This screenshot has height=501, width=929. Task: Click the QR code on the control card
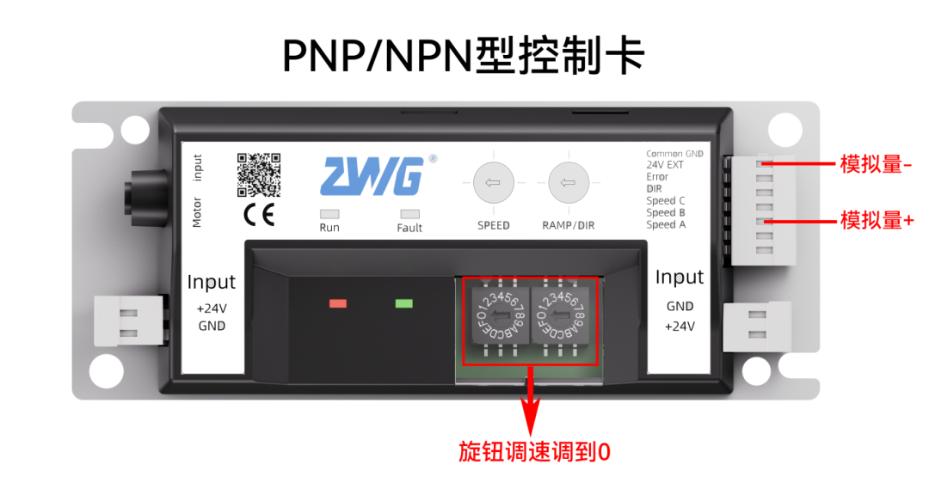pyautogui.click(x=258, y=174)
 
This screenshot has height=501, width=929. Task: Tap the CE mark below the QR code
pyautogui.click(x=258, y=215)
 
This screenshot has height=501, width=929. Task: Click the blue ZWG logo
pyautogui.click(x=372, y=177)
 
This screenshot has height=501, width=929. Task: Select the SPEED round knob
pyautogui.click(x=494, y=182)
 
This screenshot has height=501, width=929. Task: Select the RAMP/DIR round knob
pyautogui.click(x=568, y=182)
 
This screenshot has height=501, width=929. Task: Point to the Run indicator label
pyautogui.click(x=329, y=228)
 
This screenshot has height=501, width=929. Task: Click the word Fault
pyautogui.click(x=409, y=228)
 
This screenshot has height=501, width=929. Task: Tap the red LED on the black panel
pyautogui.click(x=338, y=303)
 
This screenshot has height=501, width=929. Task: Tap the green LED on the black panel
pyautogui.click(x=403, y=303)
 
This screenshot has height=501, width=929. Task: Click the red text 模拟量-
pyautogui.click(x=876, y=163)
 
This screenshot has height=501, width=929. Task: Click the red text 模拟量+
pyautogui.click(x=876, y=221)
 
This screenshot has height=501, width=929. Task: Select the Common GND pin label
pyautogui.click(x=674, y=154)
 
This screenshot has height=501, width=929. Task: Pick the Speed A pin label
pyautogui.click(x=666, y=224)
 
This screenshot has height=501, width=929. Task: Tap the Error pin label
pyautogui.click(x=657, y=177)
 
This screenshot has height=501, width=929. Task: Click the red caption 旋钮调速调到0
pyautogui.click(x=534, y=453)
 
